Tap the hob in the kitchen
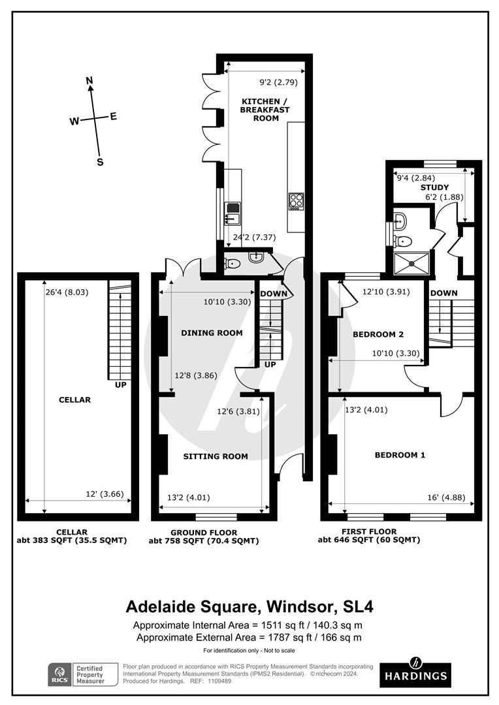(296, 201)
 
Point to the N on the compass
(90, 81)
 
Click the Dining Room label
(212, 333)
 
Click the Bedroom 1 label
(400, 455)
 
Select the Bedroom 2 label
(378, 334)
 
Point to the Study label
(434, 187)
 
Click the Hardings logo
(415, 672)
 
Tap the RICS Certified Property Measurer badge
(81, 674)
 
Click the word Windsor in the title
(297, 606)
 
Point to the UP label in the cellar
(120, 385)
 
